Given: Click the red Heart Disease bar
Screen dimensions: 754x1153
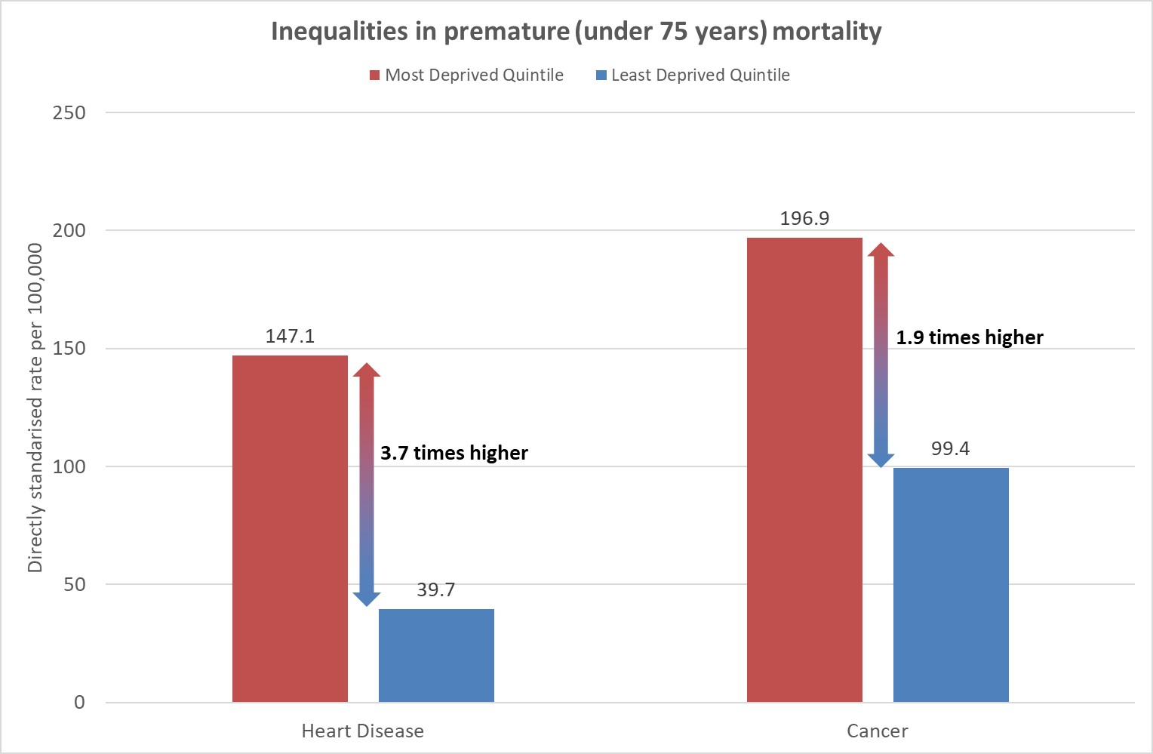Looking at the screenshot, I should point(290,528).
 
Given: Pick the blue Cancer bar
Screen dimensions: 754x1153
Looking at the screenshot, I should point(951,585).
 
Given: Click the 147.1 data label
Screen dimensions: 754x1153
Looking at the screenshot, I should point(290,337).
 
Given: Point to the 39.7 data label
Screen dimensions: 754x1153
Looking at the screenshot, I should point(436,590).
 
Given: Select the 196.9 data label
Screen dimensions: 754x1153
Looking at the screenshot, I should point(804,219).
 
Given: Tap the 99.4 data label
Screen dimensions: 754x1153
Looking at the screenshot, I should point(950,449).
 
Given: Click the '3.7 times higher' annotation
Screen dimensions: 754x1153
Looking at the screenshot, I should point(454,453).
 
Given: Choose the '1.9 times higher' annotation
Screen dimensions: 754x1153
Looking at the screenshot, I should point(969,337).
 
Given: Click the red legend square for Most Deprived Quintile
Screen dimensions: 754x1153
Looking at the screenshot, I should point(374,75).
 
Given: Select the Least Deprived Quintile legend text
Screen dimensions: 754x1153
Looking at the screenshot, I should point(700,75).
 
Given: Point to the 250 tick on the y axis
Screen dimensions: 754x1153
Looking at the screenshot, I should point(69,113).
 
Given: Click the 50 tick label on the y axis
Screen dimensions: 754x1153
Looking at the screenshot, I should point(75,585).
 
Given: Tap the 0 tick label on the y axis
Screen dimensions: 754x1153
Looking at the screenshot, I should point(79,703).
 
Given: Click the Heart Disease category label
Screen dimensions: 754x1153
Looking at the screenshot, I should point(362,731).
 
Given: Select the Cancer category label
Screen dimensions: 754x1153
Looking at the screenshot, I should point(877,731).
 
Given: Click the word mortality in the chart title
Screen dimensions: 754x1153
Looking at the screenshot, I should point(827,32).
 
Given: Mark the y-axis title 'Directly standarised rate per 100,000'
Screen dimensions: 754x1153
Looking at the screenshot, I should point(35,408).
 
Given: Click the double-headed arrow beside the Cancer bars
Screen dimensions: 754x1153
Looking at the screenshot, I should point(881,355).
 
